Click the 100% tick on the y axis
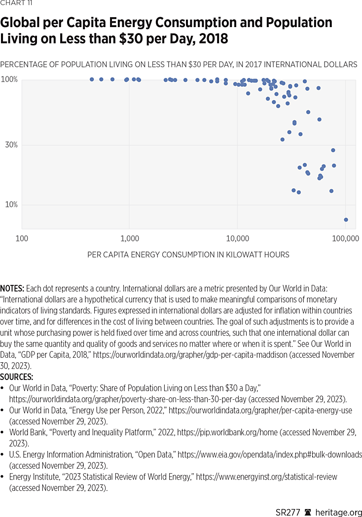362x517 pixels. [9, 79]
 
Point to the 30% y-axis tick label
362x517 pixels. [11, 145]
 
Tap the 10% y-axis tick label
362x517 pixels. [11, 205]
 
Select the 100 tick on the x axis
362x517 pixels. [22, 239]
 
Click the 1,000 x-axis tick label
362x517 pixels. [129, 239]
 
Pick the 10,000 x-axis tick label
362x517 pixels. [237, 239]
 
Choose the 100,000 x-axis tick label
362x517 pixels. [345, 239]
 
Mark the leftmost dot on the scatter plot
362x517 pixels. [92, 79]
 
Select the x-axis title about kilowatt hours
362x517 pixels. [188, 255]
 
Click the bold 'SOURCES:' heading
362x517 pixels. [16, 377]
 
